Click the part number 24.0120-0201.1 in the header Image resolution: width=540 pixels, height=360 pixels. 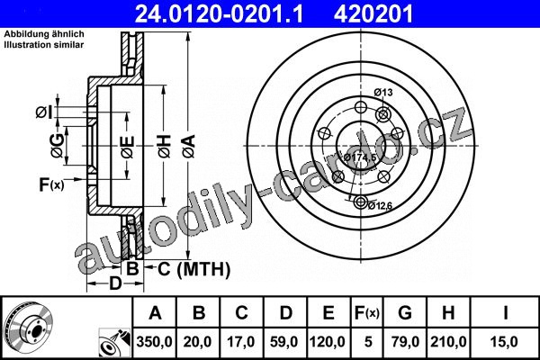[x=219, y=13]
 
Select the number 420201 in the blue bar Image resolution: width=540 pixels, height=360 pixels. [x=373, y=13]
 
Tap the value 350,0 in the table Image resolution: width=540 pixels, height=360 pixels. [x=154, y=342]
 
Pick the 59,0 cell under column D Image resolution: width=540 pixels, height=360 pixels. [x=284, y=342]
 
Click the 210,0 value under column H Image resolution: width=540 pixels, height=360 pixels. [x=448, y=342]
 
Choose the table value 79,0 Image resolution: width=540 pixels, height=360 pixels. [x=405, y=342]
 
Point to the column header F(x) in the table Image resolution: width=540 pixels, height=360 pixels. [x=367, y=313]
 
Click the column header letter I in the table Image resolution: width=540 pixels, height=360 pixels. [x=505, y=313]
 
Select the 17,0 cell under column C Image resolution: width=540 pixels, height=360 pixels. [x=240, y=342]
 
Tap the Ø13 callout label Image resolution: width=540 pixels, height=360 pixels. [x=383, y=93]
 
